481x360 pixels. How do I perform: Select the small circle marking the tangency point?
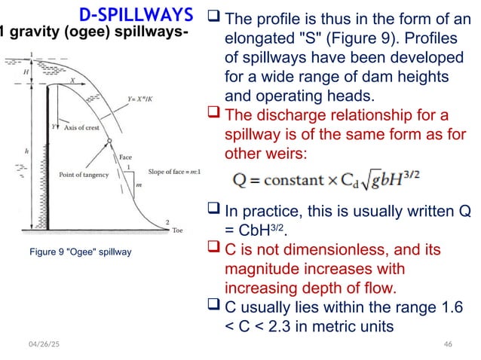(x=111, y=142)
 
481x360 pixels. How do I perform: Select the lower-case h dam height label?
(x=27, y=150)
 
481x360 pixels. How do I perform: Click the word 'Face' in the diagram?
(x=126, y=157)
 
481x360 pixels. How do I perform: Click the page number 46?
(x=448, y=343)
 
